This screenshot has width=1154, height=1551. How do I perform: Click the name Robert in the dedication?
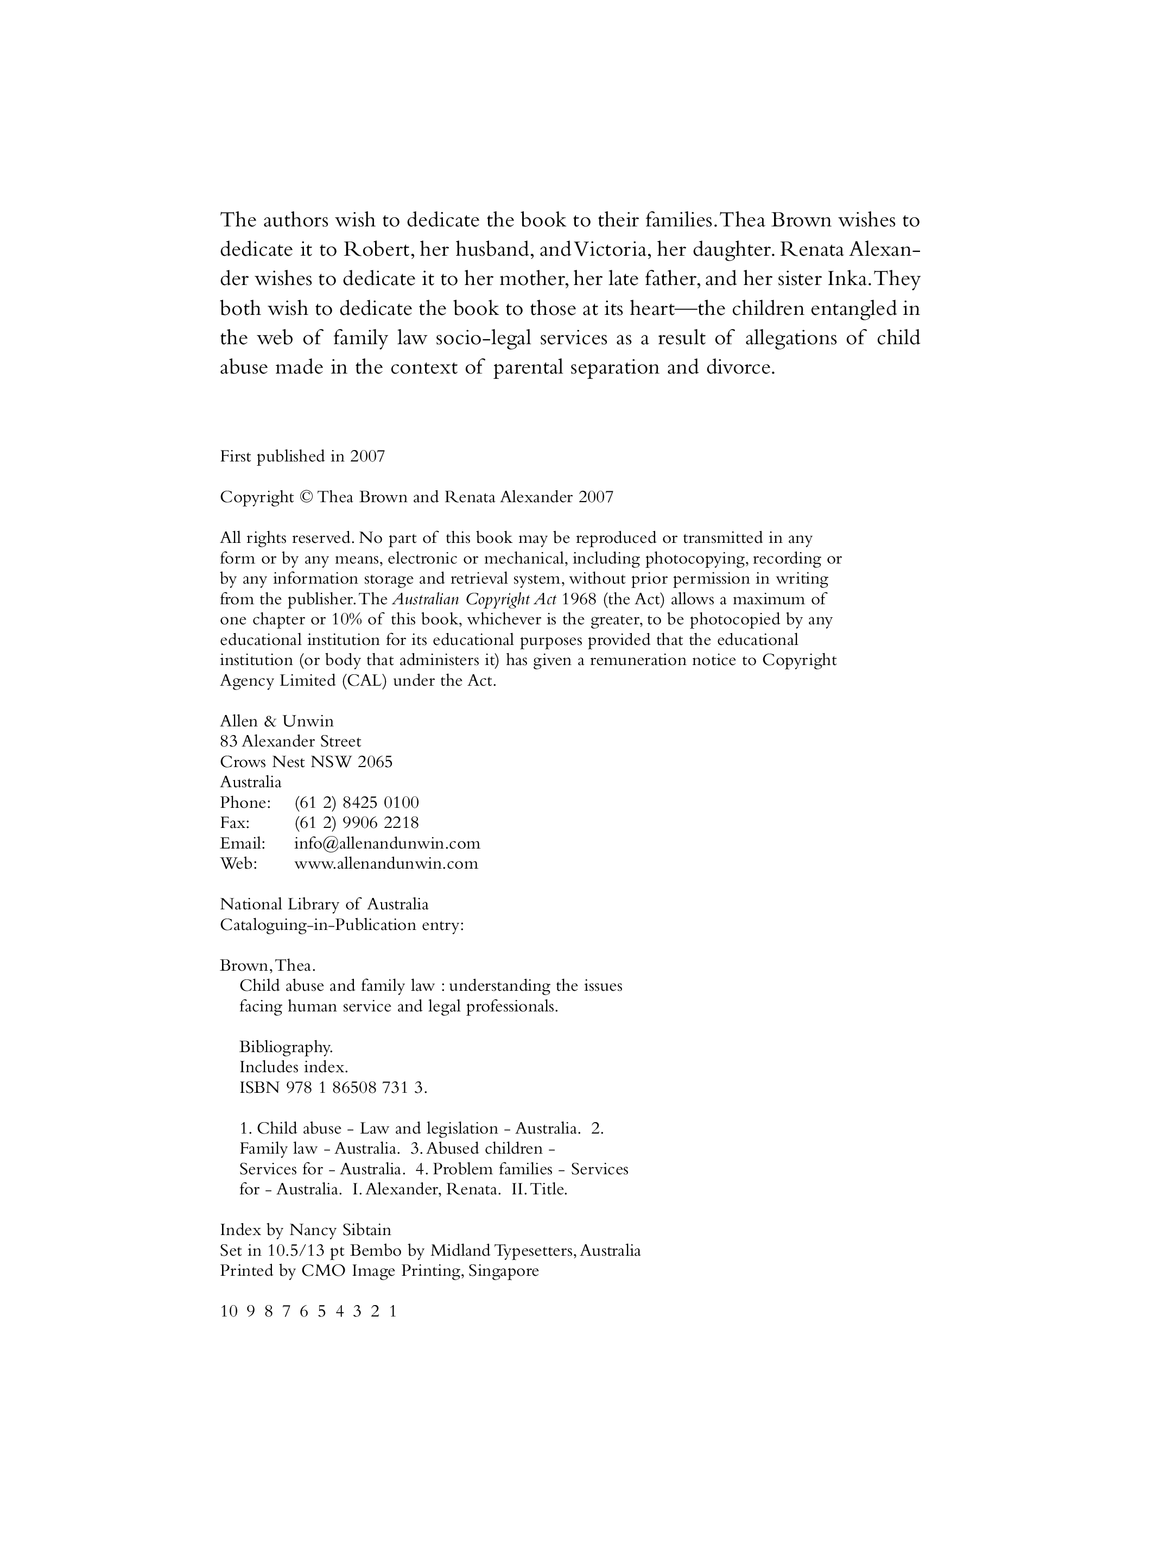[376, 249]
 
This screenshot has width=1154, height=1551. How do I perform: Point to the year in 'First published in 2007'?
[367, 457]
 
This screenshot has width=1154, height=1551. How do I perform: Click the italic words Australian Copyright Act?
[474, 599]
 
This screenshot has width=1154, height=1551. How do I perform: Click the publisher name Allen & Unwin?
[277, 721]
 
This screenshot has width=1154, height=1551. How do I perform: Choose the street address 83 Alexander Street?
[290, 741]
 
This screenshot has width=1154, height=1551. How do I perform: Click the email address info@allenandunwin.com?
[387, 843]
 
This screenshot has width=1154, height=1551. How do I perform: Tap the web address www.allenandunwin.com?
[386, 864]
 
